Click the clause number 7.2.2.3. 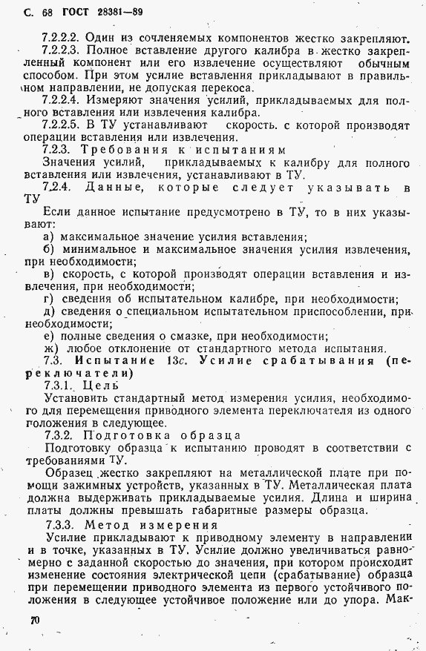[x=62, y=51]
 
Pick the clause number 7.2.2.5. [x=62, y=125]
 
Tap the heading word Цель [x=101, y=386]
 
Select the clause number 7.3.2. [x=59, y=435]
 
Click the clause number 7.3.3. [x=59, y=523]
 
